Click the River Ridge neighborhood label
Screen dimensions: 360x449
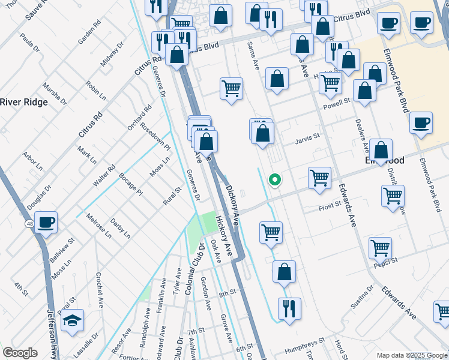coord(24,102)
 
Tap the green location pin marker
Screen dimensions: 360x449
coord(275,179)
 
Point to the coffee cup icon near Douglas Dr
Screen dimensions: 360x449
coord(46,222)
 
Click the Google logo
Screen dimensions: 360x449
coord(20,353)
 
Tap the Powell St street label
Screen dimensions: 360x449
coord(337,103)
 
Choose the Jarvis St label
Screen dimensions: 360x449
coord(308,142)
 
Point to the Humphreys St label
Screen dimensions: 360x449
coord(304,340)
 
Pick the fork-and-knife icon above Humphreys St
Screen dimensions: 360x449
coord(289,310)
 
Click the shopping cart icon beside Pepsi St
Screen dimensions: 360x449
coord(380,247)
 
